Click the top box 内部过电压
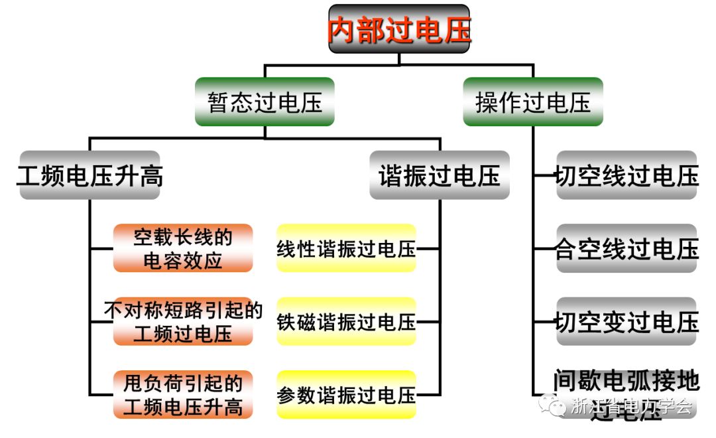pos(399,30)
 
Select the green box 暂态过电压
pos(265,102)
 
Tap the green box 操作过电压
pos(533,102)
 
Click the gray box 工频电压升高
pos(89,176)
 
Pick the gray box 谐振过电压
pos(440,176)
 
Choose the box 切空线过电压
pos(626,176)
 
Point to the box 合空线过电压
pos(626,249)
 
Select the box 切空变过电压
pos(626,322)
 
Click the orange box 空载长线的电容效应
pos(183,248)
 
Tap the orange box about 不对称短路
pos(183,321)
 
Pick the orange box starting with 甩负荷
pos(183,394)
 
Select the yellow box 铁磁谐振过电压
pos(346,322)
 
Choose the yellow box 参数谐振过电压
pos(346,395)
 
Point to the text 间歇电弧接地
pos(626,381)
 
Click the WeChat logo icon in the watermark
pos(552,405)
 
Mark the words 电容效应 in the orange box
pos(183,260)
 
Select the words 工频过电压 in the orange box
pos(183,333)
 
